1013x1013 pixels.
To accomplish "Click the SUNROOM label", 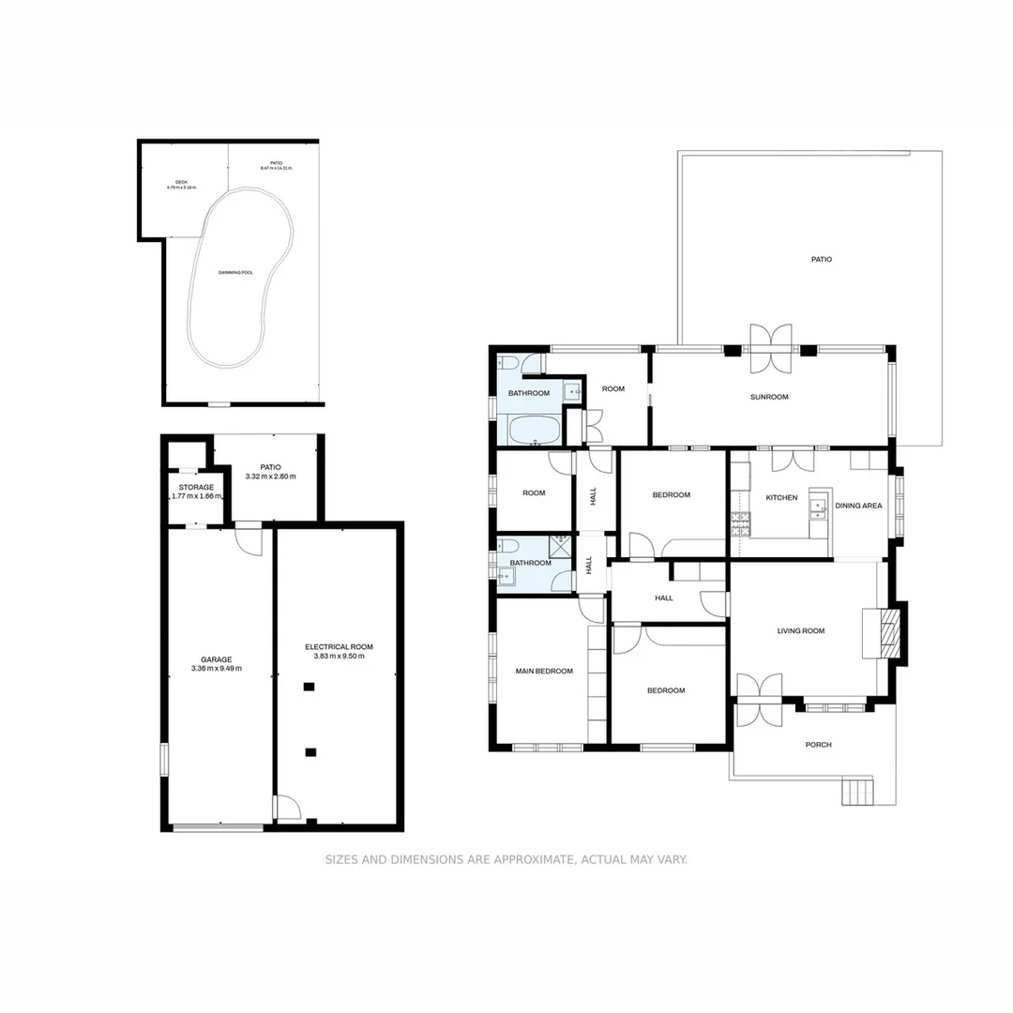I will pyautogui.click(x=769, y=397).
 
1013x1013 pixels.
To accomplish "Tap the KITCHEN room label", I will pyautogui.click(x=781, y=497).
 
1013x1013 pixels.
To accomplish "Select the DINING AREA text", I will pyautogui.click(x=858, y=506).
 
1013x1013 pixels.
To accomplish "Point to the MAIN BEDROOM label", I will pyautogui.click(x=544, y=671).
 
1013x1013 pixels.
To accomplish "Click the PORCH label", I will pyautogui.click(x=818, y=745).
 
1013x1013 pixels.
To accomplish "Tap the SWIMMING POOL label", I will pyautogui.click(x=235, y=272).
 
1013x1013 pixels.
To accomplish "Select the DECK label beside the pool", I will pyautogui.click(x=181, y=183).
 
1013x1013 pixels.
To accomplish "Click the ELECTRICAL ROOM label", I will pyautogui.click(x=339, y=646).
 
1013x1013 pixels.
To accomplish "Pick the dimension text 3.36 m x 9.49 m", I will pyautogui.click(x=216, y=669).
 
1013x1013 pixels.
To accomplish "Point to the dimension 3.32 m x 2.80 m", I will pyautogui.click(x=270, y=476).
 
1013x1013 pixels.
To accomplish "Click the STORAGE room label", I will pyautogui.click(x=196, y=487).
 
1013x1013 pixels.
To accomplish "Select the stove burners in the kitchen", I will pyautogui.click(x=740, y=519).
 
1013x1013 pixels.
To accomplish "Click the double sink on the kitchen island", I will pyautogui.click(x=817, y=507).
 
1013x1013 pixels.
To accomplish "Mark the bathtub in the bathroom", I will pyautogui.click(x=535, y=431).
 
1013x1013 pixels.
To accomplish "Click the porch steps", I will pyautogui.click(x=856, y=792).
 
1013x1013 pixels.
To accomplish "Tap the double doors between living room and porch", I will pyautogui.click(x=758, y=699).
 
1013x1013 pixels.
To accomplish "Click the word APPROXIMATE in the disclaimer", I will pyautogui.click(x=528, y=859).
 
